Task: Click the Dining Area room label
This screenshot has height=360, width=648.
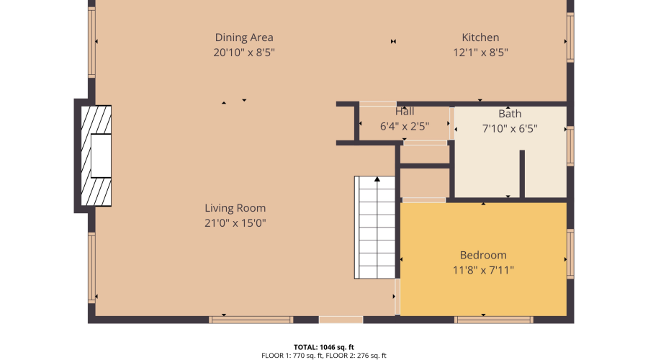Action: (244, 37)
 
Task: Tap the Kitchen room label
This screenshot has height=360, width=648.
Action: (480, 37)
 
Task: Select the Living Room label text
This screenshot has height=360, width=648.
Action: (235, 208)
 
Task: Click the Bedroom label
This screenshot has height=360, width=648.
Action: (483, 255)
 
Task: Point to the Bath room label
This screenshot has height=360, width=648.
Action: (510, 114)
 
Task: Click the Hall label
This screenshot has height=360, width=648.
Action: (405, 112)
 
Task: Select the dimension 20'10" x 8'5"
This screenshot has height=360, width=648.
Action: (244, 53)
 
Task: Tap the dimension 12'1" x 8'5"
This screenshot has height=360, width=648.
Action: (480, 53)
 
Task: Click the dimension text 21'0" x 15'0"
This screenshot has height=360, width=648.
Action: (235, 223)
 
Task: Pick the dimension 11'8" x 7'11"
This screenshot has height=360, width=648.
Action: (483, 270)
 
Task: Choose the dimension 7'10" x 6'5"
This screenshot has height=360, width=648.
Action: (510, 129)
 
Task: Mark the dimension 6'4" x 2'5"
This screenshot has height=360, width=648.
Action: (405, 126)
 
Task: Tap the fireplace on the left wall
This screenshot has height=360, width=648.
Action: (95, 156)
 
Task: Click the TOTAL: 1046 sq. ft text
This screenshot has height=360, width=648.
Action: (324, 346)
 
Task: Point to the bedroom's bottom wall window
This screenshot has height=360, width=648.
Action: (494, 319)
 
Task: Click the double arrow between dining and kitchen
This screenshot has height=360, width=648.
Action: (393, 42)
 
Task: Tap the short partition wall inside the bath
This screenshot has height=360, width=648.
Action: (522, 173)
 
